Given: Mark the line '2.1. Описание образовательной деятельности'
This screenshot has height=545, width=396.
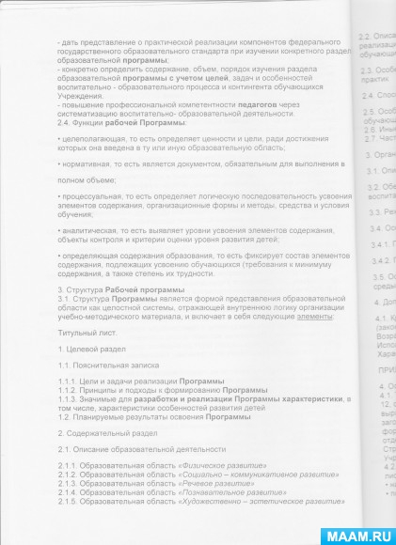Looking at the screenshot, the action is pos(140,449).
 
